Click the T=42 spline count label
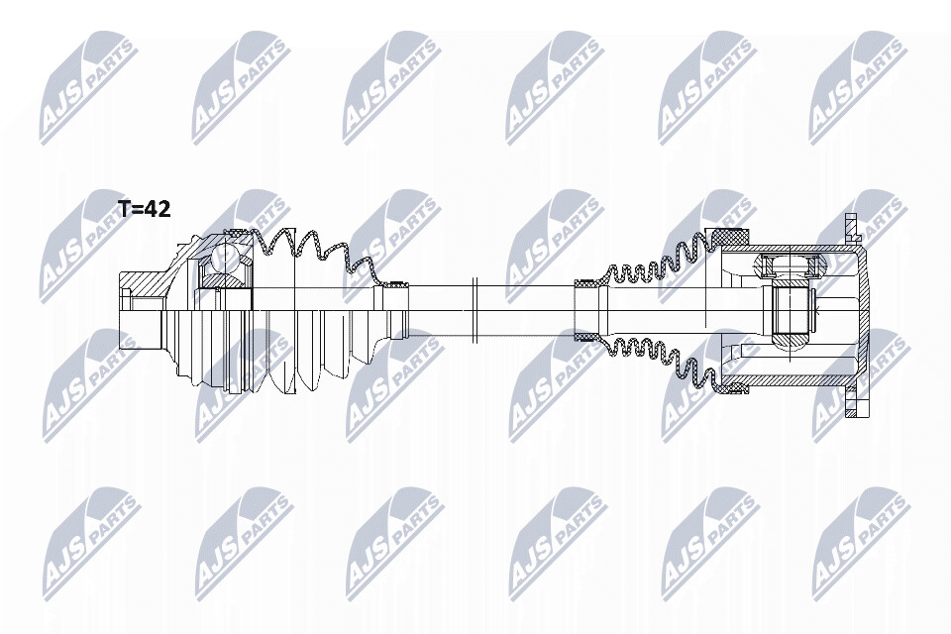point(145,209)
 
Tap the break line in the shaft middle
point(475,309)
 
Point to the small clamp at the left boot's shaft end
point(396,284)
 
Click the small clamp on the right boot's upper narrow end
point(585,282)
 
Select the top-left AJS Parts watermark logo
point(86,88)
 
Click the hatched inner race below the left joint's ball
point(223,279)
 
